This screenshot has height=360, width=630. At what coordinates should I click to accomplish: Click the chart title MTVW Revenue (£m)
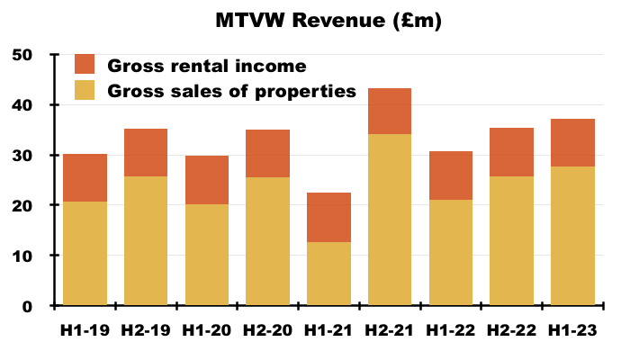coord(328,20)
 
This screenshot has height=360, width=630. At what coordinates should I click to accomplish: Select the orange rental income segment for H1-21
coord(328,218)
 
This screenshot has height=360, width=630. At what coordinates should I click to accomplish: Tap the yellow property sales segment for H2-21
coord(390,220)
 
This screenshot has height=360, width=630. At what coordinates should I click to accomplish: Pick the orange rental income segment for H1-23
coord(572,143)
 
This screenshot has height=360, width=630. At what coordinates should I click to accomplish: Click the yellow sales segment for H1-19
coord(85,254)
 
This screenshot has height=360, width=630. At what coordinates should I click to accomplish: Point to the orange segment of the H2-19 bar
coord(146,153)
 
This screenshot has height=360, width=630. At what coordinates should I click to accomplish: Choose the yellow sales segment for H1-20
coord(207,255)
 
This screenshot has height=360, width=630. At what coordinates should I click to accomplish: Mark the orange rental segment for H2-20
coord(267,154)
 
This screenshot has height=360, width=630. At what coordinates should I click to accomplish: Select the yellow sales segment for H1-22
coord(451,253)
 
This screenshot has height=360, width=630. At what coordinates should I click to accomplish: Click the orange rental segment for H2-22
coord(511,152)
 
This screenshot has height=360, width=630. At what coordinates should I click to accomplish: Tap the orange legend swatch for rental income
coord(85,64)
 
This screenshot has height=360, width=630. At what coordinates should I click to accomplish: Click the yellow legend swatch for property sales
coord(85,90)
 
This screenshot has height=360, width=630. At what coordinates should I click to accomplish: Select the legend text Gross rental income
coord(207,66)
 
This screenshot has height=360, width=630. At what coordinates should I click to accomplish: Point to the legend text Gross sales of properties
coord(232,91)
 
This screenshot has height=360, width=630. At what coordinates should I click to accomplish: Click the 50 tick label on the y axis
coord(22,55)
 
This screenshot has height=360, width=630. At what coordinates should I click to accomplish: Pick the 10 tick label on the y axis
coord(22,256)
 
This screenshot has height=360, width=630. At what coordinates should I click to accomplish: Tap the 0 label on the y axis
coord(27,307)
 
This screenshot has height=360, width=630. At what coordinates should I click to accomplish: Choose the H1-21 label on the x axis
coord(328,330)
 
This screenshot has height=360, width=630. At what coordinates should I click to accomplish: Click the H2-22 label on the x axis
coord(511,330)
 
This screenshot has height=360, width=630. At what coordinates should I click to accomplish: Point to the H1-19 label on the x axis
coord(85,330)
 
